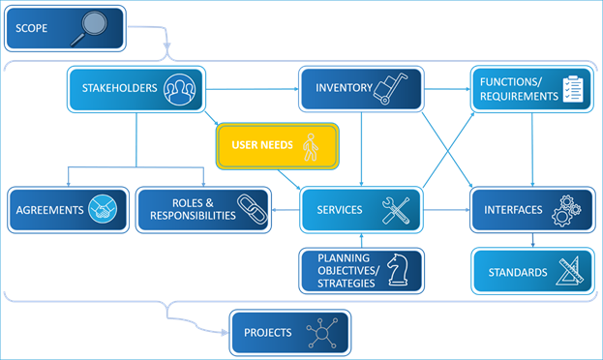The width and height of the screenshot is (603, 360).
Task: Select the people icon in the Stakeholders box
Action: (181, 88)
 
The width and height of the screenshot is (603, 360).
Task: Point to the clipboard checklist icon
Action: (574, 89)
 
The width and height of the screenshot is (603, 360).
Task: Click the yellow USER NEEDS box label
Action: (256, 147)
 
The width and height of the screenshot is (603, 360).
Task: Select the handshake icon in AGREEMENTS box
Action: (101, 210)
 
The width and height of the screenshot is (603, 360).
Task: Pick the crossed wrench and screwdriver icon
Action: (395, 210)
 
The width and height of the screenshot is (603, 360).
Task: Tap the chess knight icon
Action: (396, 270)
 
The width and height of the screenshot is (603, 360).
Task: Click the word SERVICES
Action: (340, 210)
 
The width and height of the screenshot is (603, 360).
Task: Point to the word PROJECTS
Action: (267, 333)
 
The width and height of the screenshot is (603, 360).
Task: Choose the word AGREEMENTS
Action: (49, 210)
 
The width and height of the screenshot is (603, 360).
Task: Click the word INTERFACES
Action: (512, 210)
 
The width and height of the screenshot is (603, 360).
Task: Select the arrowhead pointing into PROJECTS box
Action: (225, 333)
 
